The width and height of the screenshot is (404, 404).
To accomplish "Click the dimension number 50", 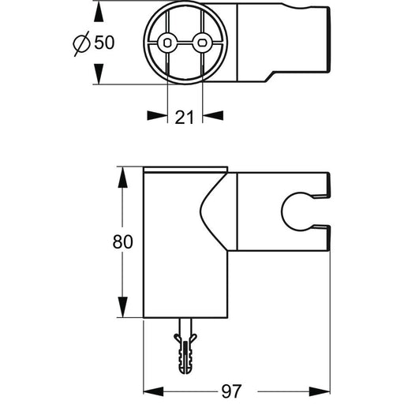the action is [x=104, y=43].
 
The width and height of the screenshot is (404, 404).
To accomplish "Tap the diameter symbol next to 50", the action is [x=81, y=43].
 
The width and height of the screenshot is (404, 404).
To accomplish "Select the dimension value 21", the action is [x=184, y=117].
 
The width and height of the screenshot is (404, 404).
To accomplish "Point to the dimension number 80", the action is [x=123, y=242].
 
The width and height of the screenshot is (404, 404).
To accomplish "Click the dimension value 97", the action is [x=231, y=391].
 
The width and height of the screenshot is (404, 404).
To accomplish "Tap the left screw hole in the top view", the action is [x=167, y=42].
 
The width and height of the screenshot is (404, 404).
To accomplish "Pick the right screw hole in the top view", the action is [x=202, y=42].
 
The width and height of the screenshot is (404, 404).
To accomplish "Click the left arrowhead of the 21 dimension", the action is [x=157, y=115].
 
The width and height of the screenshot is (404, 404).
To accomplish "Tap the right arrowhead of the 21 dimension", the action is [x=213, y=115].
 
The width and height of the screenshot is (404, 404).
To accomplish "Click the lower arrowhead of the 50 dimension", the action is [x=99, y=74].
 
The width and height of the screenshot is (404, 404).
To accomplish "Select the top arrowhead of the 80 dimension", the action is [x=122, y=178].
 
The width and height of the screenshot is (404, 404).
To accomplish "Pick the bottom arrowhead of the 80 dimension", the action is [x=122, y=307].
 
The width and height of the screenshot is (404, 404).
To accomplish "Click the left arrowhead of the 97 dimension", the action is [x=154, y=391].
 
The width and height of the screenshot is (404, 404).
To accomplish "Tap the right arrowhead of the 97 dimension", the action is [x=320, y=391].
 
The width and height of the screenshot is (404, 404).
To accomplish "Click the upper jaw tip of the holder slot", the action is [x=329, y=195].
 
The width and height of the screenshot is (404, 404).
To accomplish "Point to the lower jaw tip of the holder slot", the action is [x=329, y=226].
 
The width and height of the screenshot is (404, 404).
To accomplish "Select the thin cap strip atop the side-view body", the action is [x=185, y=170].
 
